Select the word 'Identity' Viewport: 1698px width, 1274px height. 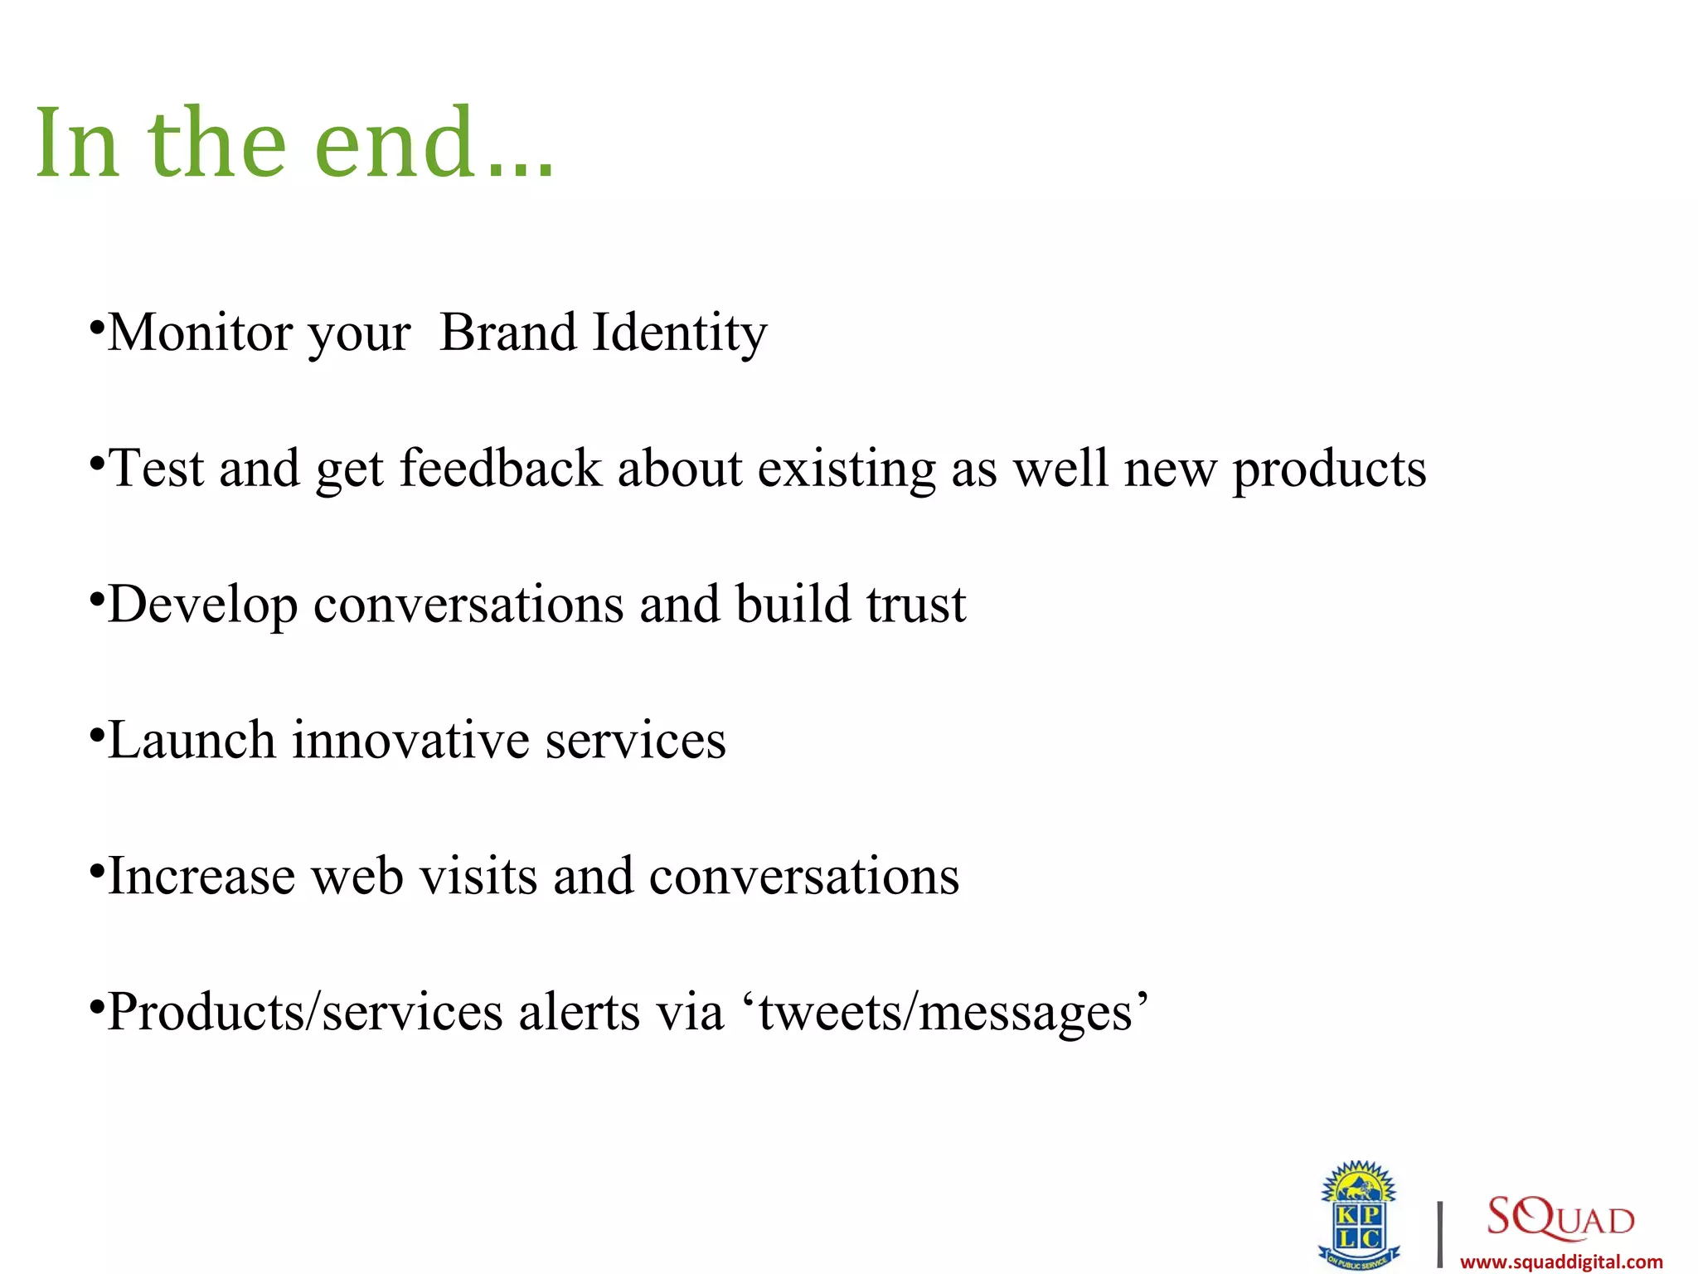[680, 334]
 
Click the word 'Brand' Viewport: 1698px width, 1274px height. [507, 333]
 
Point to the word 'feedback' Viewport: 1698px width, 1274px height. [501, 469]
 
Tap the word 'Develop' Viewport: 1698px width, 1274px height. [202, 606]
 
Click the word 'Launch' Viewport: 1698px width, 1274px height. [192, 741]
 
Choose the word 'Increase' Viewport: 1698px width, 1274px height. [201, 877]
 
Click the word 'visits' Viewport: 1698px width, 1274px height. [478, 877]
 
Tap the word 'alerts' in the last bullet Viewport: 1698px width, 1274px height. [579, 1013]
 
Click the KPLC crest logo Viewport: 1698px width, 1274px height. [1359, 1214]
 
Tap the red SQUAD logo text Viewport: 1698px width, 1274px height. [1560, 1217]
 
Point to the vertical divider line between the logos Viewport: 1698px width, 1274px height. [1440, 1234]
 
